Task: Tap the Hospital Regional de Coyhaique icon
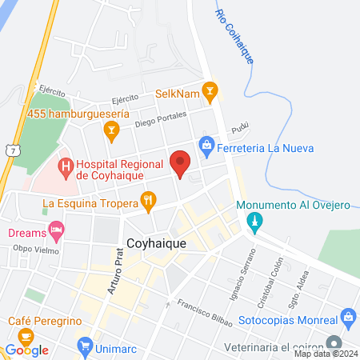pos(65,168)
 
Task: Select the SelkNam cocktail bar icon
pos(210,91)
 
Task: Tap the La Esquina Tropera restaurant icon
pos(148,202)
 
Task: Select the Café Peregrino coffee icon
pos(26,336)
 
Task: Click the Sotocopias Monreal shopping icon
pos(349,317)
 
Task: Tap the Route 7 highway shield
pos(8,151)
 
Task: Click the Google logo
pos(27,350)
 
